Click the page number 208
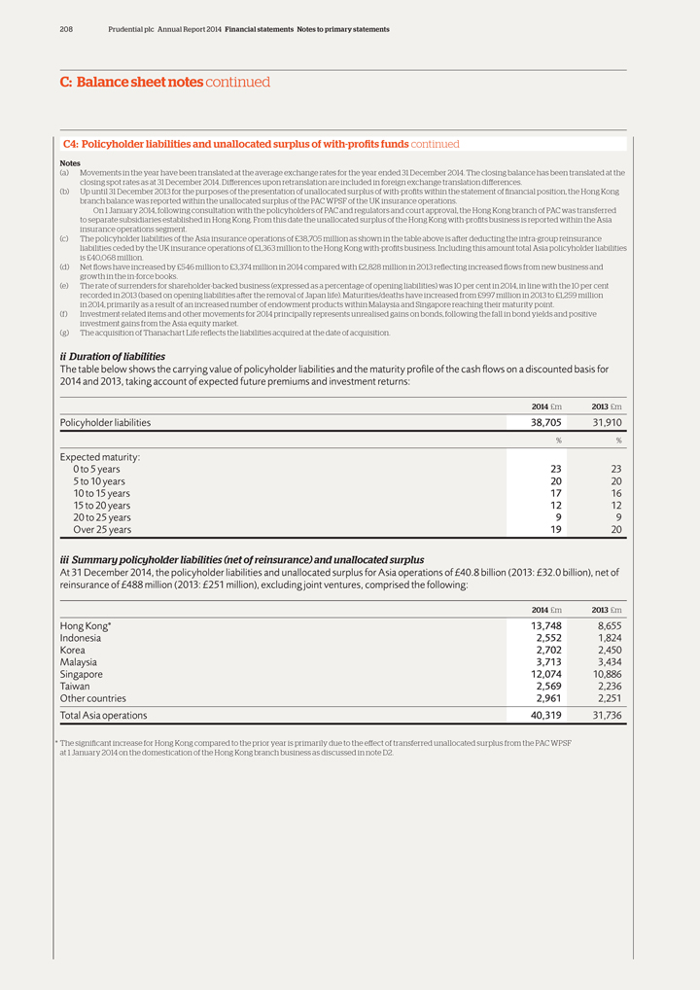point(66,30)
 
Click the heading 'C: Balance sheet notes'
point(131,83)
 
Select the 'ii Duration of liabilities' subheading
point(113,357)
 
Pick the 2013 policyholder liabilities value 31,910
point(602,423)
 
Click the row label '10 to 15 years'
point(101,493)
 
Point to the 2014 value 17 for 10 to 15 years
point(555,493)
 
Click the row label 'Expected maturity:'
point(100,456)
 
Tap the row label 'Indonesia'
point(81,638)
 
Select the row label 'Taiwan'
point(76,687)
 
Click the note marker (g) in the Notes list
point(64,333)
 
